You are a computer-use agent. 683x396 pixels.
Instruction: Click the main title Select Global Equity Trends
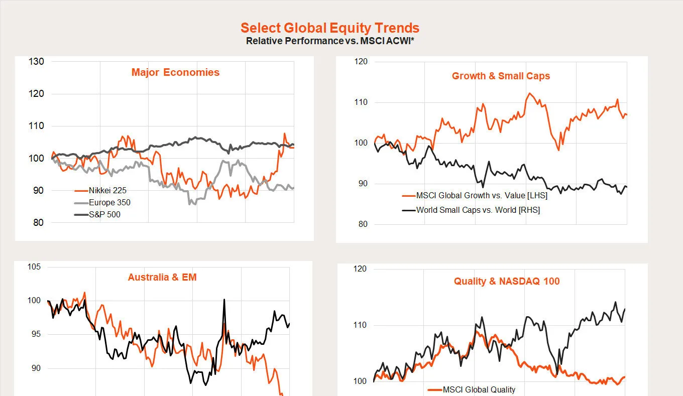(x=330, y=28)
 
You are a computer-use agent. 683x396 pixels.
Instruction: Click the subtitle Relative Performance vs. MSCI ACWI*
(x=330, y=41)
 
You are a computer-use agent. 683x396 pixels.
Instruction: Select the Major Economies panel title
(x=175, y=72)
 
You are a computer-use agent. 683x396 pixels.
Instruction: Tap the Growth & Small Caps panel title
(x=501, y=76)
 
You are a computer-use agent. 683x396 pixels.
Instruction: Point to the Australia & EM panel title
(x=162, y=277)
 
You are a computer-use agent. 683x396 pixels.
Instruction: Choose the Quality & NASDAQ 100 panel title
(x=507, y=281)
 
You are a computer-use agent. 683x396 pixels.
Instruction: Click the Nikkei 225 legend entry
(x=107, y=191)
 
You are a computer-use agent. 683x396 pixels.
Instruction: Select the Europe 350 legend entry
(x=109, y=203)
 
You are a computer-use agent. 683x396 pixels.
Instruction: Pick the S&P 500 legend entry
(x=104, y=215)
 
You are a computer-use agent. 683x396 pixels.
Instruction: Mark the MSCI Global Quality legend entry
(x=479, y=389)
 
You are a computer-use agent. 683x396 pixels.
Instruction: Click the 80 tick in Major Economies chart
(x=38, y=223)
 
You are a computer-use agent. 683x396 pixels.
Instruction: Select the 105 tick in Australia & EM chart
(x=34, y=267)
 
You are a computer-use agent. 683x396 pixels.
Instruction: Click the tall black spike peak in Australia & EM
(x=224, y=300)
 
